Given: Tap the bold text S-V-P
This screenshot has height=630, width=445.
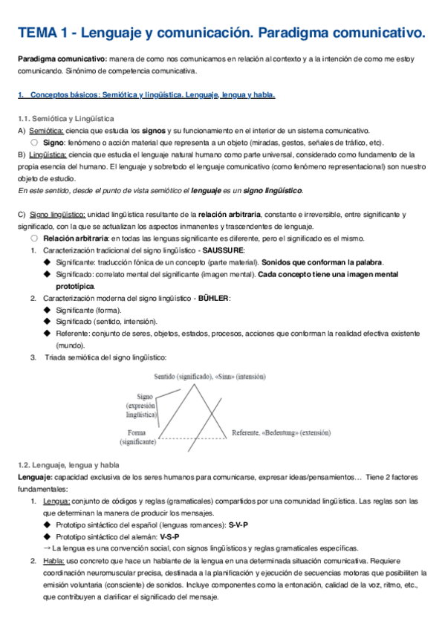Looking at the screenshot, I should pos(236,525).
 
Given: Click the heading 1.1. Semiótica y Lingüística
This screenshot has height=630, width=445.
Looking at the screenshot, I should pos(65,118).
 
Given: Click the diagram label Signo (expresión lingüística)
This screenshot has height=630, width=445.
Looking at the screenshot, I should pos(141,406).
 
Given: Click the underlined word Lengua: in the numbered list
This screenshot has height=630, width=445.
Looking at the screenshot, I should pos(56,501).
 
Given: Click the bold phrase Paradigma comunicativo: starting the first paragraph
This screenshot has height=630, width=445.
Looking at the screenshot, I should pos(62,59).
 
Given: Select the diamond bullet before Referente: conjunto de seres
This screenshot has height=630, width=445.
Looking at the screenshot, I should pos(48,334).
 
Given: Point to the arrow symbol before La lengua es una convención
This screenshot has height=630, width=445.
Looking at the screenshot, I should pos(47,548).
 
